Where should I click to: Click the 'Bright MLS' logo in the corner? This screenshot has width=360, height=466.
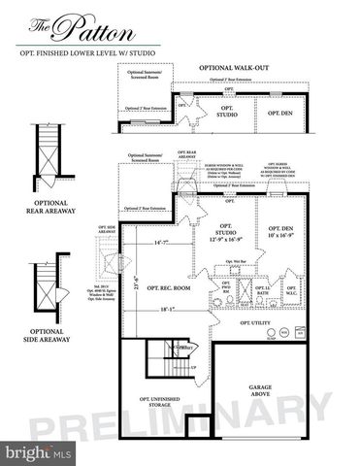coord(38,452)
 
